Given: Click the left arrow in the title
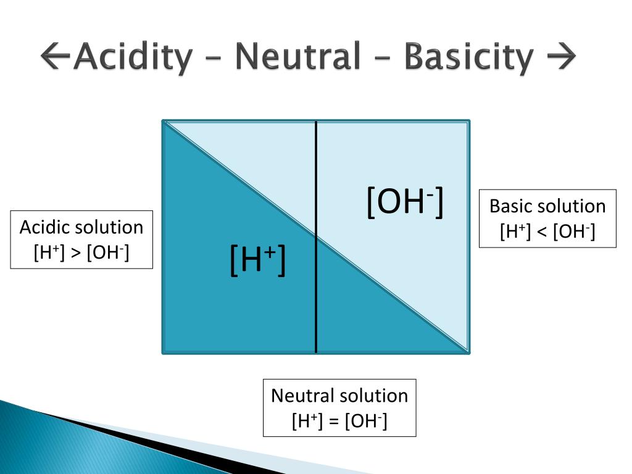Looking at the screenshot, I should [56, 57].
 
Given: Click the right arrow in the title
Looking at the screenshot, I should [561, 57].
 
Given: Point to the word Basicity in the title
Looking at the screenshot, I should [468, 57].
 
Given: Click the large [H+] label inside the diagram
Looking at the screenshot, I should [257, 260].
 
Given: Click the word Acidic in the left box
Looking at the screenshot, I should [45, 227].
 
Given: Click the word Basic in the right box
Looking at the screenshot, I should [510, 206].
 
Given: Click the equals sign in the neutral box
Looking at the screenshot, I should [334, 422].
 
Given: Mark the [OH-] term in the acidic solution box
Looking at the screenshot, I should [109, 253].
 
